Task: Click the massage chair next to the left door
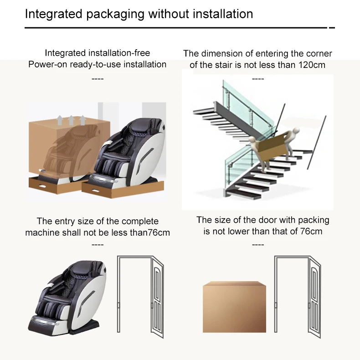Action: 72,296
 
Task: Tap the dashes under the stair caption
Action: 258,79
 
